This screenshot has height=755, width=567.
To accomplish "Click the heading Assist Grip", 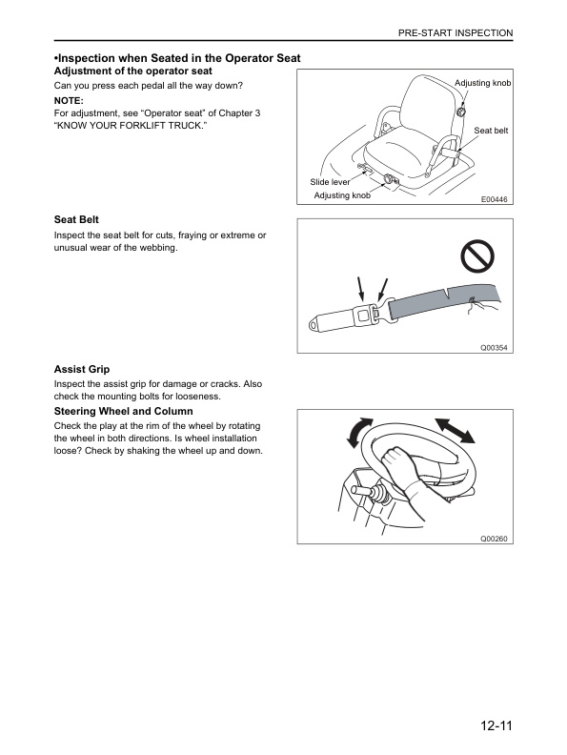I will point(82,368).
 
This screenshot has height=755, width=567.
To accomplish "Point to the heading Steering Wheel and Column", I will point(124,411).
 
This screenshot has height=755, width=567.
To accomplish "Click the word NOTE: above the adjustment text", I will point(70,99).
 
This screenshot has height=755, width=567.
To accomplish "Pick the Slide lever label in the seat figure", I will point(330,181).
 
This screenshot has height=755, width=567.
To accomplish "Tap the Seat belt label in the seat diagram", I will point(492,130).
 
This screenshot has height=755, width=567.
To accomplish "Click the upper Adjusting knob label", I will point(482,84).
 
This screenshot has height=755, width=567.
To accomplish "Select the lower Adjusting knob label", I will point(342,195).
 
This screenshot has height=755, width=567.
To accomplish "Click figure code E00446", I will point(495,200).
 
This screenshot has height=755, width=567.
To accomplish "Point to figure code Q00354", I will point(495,347).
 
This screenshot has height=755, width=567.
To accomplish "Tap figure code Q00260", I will point(495,539).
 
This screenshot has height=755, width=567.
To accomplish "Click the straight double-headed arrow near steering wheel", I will point(455,430).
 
